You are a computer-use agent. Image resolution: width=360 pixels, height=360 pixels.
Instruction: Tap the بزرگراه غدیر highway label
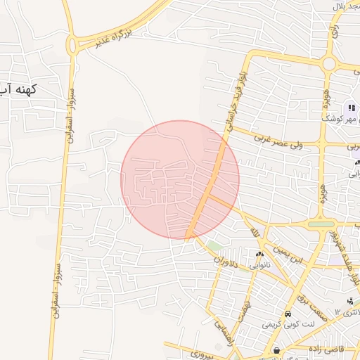point(123,32)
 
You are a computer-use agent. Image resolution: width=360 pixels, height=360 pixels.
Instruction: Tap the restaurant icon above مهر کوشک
point(352,108)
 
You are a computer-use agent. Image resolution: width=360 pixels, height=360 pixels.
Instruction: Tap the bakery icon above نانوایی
point(260,255)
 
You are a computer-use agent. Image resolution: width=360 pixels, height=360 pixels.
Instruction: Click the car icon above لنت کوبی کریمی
point(288,314)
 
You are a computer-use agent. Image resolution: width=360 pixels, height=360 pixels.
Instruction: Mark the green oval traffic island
point(321,225)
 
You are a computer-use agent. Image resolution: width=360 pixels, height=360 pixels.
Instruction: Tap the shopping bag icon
point(277,350)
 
